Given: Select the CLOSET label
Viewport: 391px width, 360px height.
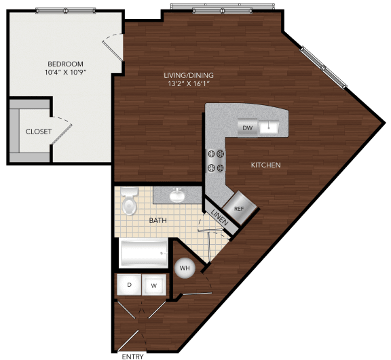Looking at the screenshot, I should pyautogui.click(x=38, y=132).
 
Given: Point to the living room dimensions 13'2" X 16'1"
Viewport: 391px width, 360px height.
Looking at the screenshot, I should pyautogui.click(x=183, y=84).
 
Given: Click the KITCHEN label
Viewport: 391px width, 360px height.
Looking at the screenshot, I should pyautogui.click(x=266, y=165).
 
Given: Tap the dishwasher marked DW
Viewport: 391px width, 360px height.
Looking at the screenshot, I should pyautogui.click(x=248, y=127).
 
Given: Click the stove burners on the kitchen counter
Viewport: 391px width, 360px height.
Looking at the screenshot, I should pyautogui.click(x=216, y=160).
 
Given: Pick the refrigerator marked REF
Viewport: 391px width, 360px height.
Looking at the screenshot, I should pyautogui.click(x=238, y=208).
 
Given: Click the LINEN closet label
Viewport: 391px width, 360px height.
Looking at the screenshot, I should pyautogui.click(x=219, y=218).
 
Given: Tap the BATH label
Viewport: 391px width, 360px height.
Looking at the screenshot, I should pyautogui.click(x=158, y=220).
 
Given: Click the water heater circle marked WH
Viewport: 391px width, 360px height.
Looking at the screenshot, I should pyautogui.click(x=184, y=268).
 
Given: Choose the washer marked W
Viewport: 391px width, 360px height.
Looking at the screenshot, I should pyautogui.click(x=153, y=285).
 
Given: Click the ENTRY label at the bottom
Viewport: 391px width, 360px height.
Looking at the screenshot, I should pyautogui.click(x=132, y=355).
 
